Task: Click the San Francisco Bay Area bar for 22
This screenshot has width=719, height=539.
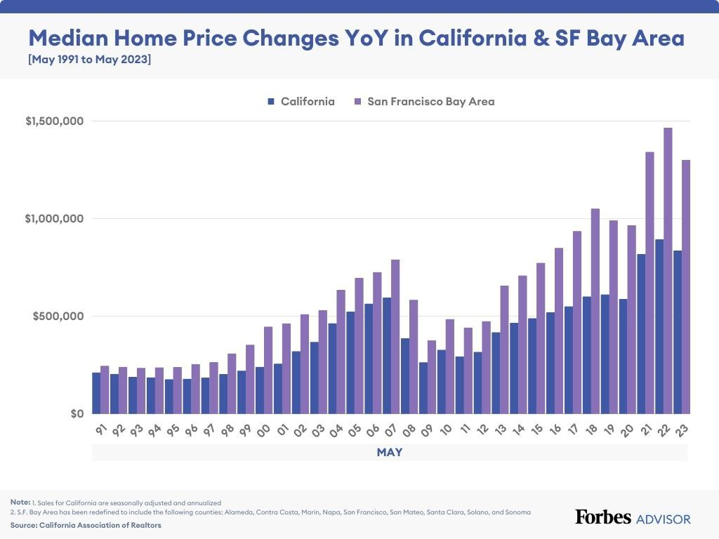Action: (668, 270)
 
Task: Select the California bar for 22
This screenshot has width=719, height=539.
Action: (659, 326)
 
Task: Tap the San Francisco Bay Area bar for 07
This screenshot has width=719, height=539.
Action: (395, 336)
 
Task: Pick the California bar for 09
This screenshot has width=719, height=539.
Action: (423, 387)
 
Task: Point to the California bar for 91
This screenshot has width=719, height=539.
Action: (96, 393)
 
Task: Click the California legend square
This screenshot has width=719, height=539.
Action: (271, 102)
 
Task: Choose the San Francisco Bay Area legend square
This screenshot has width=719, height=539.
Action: (357, 102)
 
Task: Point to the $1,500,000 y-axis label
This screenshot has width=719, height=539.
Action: (55, 121)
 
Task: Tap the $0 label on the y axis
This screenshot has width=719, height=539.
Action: (77, 413)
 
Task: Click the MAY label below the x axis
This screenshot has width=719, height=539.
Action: (390, 453)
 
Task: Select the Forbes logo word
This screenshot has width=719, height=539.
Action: (602, 518)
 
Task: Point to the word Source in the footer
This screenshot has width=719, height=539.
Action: (23, 525)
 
